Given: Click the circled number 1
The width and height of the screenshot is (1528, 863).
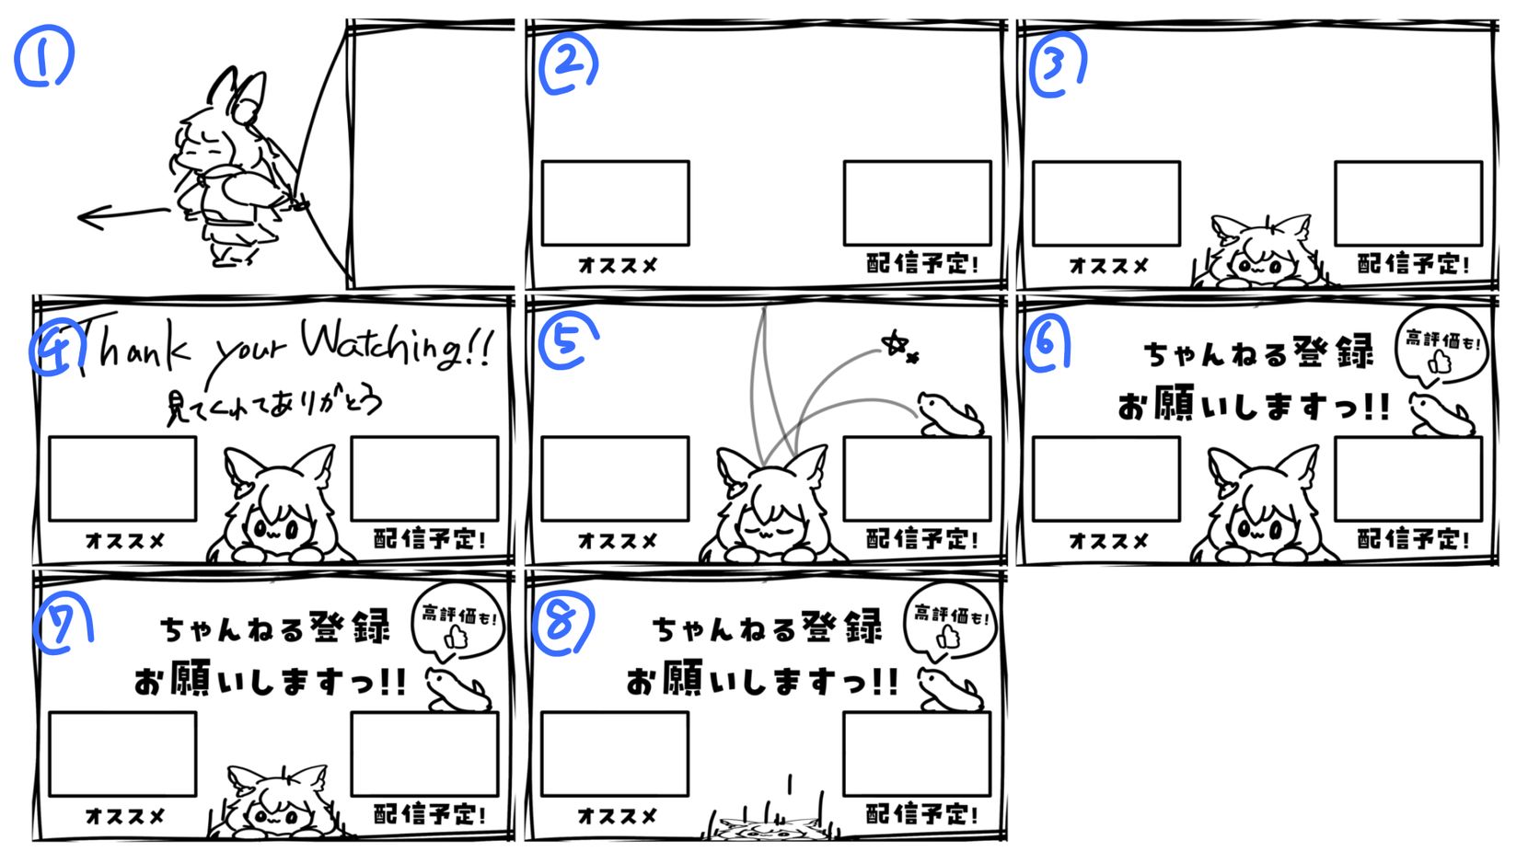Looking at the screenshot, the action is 43,56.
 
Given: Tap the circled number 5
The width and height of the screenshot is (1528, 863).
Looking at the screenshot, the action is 568,339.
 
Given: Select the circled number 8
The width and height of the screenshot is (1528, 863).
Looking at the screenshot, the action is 563,622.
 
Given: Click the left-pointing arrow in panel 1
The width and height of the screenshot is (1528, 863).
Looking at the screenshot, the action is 123,217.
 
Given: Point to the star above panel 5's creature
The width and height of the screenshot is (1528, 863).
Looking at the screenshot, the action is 895,343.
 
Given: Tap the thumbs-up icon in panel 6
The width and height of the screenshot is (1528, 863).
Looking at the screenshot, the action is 1440,362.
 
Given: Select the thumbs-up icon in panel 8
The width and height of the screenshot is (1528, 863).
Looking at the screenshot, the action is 947,637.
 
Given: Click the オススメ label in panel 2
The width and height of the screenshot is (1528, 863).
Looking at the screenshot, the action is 618,265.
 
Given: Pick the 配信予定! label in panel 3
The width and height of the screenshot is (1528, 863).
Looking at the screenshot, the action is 1413,264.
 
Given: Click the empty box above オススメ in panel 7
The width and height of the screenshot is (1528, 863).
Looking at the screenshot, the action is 122,754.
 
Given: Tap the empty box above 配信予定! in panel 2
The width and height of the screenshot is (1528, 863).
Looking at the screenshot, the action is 918,203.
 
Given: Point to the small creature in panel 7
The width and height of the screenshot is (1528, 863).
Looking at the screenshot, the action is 458,690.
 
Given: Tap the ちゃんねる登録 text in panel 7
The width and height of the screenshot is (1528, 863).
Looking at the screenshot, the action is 275,627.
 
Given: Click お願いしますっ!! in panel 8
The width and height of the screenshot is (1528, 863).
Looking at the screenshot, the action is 762,681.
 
